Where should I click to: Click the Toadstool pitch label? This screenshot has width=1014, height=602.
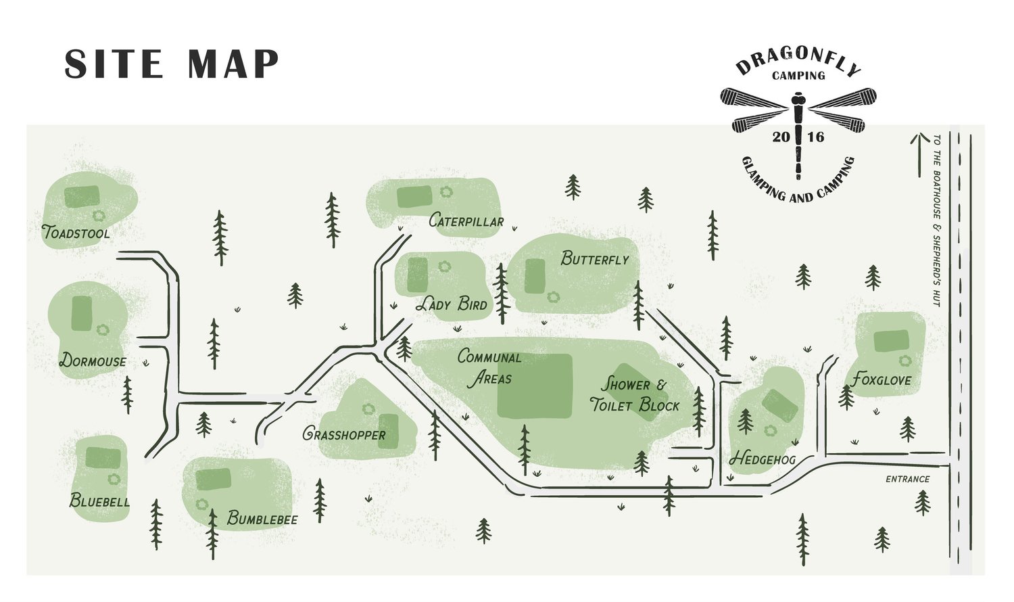76,233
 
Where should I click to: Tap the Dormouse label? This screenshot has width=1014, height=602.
93,360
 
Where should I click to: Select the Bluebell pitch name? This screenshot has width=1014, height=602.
99,501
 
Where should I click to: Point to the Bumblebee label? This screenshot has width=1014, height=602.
262,519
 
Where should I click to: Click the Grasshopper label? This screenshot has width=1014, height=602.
344,434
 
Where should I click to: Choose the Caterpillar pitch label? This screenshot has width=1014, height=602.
466,221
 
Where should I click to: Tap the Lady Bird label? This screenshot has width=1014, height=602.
451,304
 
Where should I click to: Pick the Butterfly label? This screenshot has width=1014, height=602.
595,258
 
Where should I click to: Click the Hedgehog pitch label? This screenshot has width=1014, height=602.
763,459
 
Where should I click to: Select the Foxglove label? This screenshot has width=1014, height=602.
881,379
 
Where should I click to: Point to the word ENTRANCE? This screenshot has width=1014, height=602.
908,479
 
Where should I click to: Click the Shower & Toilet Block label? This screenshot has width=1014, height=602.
634,395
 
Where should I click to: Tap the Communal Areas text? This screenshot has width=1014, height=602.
489,367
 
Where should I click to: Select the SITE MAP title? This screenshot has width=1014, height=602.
172,64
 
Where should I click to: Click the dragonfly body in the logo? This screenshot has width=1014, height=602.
799,135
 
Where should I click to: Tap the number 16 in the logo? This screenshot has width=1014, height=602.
815,137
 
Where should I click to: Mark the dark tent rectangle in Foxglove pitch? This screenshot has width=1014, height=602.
891,341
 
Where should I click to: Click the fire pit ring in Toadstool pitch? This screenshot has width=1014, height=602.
100,216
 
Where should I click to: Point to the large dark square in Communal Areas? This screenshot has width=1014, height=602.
535,386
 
